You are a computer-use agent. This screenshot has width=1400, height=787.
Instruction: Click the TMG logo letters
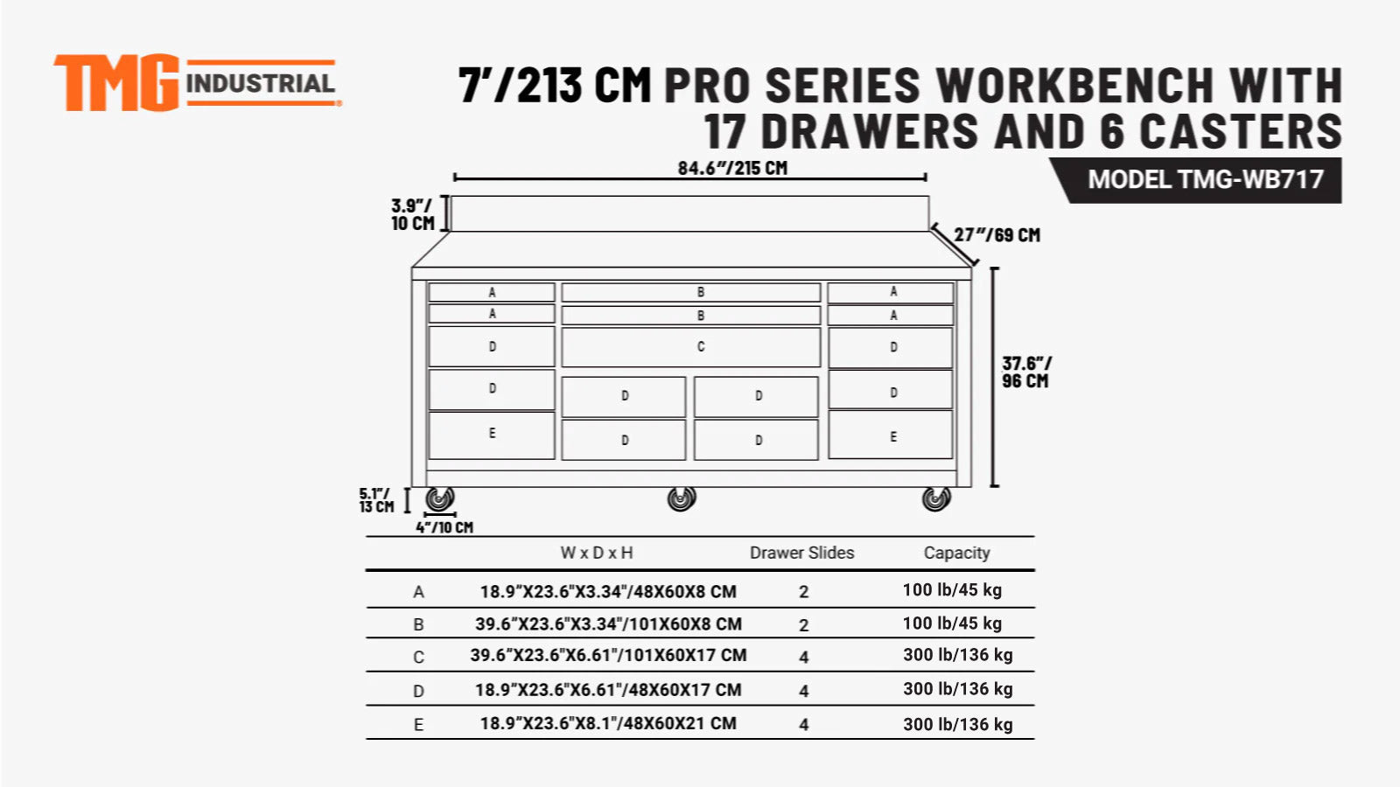point(116,84)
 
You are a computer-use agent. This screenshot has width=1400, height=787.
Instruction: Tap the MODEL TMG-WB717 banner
point(1205,180)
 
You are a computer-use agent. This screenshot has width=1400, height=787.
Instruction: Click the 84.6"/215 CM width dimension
point(732,168)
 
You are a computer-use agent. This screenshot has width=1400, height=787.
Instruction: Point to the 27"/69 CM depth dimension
point(997,235)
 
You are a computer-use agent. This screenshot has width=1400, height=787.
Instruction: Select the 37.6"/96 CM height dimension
point(1025,372)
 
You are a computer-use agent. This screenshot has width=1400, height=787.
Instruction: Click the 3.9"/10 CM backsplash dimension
point(412,214)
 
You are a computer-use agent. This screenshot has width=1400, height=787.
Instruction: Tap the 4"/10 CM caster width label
point(444,527)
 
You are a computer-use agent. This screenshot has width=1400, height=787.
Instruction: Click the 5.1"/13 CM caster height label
point(376,500)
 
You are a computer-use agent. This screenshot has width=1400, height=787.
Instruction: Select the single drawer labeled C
point(690,347)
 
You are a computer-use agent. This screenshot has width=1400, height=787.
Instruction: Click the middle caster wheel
point(682,499)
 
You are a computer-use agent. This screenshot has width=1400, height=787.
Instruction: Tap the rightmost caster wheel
point(936,499)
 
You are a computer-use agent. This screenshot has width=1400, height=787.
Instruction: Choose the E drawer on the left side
point(492,435)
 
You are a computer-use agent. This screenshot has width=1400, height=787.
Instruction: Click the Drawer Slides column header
point(801,553)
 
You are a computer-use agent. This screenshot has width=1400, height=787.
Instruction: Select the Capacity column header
point(956,553)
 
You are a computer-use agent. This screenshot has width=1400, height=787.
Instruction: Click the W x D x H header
point(597,553)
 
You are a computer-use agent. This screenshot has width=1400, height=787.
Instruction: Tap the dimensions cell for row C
point(608,655)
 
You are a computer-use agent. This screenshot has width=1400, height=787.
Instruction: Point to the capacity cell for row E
point(957,724)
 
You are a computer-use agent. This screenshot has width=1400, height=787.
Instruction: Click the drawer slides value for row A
point(803,592)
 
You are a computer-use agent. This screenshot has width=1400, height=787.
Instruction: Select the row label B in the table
point(418,624)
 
